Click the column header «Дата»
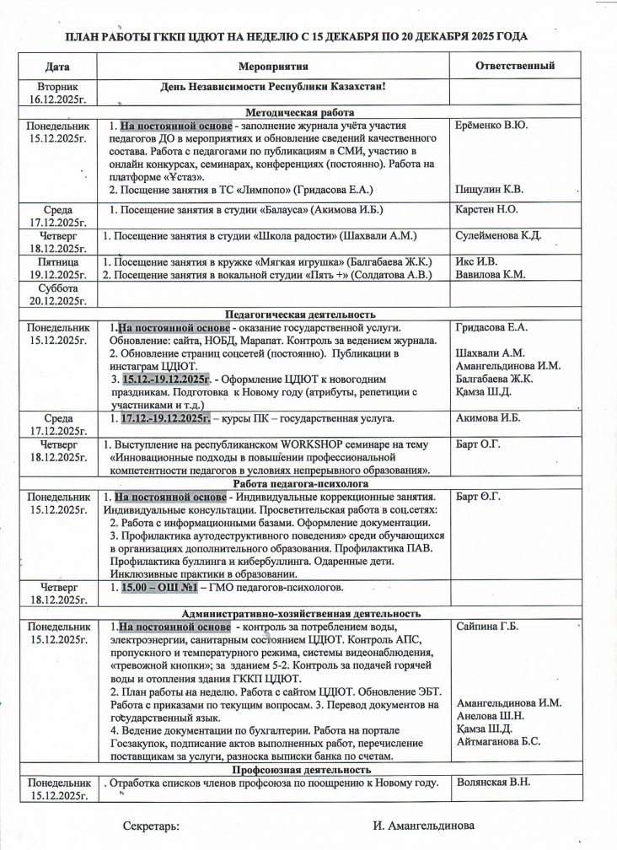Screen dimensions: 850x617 tap(58, 65)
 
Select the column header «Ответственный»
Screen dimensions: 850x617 tap(514, 65)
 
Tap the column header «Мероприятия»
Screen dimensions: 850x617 tap(273, 65)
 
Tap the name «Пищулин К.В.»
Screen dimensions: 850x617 tap(490, 190)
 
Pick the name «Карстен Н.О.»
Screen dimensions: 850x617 tap(487, 209)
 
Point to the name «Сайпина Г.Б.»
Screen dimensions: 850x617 tap(487, 627)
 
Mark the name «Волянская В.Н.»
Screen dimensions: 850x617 tap(493, 783)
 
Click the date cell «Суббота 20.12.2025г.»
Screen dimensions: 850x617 tap(58, 294)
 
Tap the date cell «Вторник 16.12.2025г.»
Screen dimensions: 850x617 tap(58, 93)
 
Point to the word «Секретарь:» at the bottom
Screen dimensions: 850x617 tap(151, 825)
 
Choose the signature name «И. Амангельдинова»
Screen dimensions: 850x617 tap(424, 825)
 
